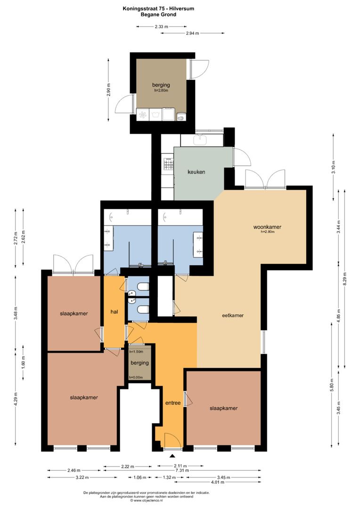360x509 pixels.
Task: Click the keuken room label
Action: tap(196, 172)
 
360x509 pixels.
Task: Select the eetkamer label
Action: tap(233, 315)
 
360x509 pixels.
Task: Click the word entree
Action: tap(172, 403)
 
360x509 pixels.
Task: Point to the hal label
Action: tap(114, 312)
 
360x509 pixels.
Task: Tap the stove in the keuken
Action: tap(167, 164)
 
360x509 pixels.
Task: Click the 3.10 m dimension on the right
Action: tap(333, 167)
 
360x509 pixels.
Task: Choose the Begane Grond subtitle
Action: tap(158, 15)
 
